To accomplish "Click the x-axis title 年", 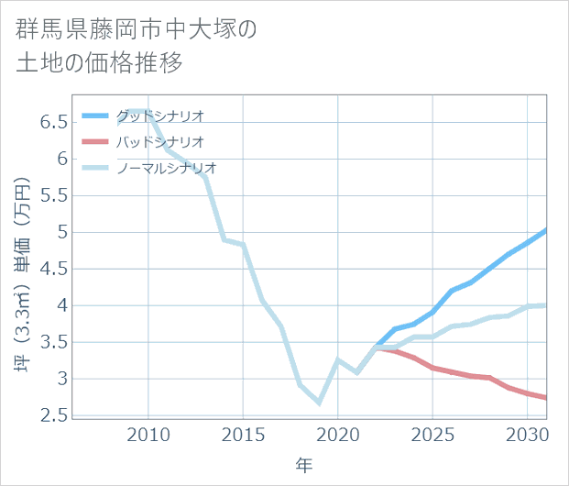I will (304, 466).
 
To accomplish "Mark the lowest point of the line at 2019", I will (319, 403).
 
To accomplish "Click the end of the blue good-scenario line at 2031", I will (546, 230).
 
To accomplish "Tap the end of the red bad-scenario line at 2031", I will (546, 398).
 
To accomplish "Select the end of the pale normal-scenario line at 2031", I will (546, 305).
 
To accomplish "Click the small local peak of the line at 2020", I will (338, 360).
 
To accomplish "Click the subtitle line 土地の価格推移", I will (100, 63).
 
